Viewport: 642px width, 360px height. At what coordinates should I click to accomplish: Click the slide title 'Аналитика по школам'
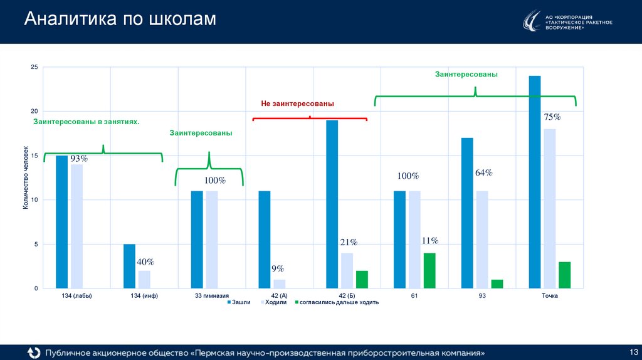pos(120,20)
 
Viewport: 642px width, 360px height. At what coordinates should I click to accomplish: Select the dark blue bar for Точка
pos(535,182)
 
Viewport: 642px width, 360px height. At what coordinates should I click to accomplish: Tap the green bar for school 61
pos(429,270)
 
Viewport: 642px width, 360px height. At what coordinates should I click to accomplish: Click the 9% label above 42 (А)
pos(277,269)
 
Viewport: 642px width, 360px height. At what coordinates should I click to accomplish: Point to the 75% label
pos(552,117)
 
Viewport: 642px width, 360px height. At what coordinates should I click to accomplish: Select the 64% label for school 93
pos(483,172)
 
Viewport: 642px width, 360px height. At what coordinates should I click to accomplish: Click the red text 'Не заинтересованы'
pos(297,103)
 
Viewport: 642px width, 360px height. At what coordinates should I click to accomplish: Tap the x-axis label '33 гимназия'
pos(211,295)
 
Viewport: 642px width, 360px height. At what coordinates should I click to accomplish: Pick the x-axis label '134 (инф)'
pos(144,295)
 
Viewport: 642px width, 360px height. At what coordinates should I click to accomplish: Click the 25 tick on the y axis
pos(34,68)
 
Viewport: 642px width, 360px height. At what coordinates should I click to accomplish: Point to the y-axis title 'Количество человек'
pos(26,177)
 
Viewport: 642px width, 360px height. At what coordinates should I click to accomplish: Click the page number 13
pos(633,350)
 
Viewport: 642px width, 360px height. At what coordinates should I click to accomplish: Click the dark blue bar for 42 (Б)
pos(332,204)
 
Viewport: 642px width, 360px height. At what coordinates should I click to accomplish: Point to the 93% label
pos(78,159)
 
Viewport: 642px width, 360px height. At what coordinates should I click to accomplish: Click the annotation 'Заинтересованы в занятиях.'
pos(86,122)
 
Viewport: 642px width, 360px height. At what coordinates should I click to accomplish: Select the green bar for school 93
pos(497,283)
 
